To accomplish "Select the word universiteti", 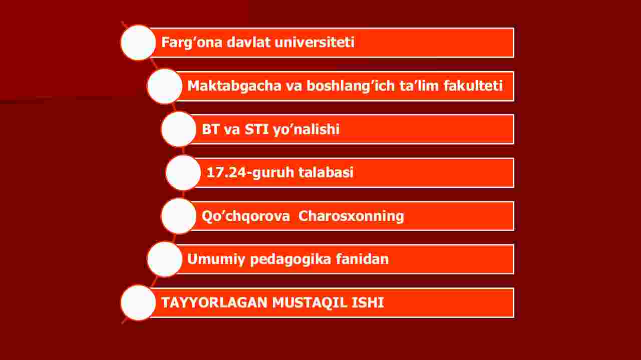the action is coord(314,42).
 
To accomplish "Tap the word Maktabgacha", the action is coord(234,86).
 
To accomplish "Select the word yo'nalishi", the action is coord(306,130).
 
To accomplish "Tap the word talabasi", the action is coord(326,172).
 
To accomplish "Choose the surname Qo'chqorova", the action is coord(245,216).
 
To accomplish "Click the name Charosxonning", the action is coord(351,216).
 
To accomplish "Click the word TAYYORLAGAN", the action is coord(214,302).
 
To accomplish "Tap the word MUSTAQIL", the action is coord(309,303).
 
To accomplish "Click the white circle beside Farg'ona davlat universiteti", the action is coord(138,43).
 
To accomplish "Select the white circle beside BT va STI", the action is coord(179,129).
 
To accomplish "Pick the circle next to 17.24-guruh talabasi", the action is coord(183,173).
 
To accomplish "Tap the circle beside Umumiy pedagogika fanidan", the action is coord(165,259).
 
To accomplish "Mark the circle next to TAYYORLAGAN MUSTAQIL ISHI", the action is coord(138,303).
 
